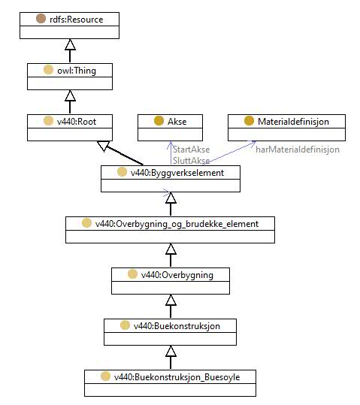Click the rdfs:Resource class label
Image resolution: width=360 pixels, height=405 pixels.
(76, 20)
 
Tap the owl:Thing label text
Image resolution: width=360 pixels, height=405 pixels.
(77, 71)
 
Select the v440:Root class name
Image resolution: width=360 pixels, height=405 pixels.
(77, 122)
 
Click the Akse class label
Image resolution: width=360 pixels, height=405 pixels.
(177, 122)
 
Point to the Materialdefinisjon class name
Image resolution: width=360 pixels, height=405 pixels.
(293, 122)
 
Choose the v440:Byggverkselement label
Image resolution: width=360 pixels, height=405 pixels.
(177, 173)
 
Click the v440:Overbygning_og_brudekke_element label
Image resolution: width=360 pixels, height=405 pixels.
(177, 224)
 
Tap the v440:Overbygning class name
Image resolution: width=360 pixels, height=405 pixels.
(177, 275)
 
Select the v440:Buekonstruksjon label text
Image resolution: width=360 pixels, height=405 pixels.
(177, 326)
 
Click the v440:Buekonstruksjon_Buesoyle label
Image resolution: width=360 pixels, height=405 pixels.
(177, 377)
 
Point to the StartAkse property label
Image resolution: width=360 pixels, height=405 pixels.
(191, 150)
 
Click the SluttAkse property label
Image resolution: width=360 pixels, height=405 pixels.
(191, 161)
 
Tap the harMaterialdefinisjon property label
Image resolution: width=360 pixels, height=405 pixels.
(298, 150)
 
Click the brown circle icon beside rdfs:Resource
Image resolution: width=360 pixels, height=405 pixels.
(41, 19)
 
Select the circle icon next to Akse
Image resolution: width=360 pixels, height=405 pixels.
(159, 121)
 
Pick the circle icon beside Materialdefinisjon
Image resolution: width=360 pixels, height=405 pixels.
(249, 121)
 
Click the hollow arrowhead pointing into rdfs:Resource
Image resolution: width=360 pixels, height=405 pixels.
(70, 44)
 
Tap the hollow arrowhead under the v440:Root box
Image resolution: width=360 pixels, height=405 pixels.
(104, 146)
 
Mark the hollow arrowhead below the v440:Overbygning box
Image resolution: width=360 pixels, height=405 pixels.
(171, 300)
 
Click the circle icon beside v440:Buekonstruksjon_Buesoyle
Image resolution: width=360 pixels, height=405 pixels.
(105, 376)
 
